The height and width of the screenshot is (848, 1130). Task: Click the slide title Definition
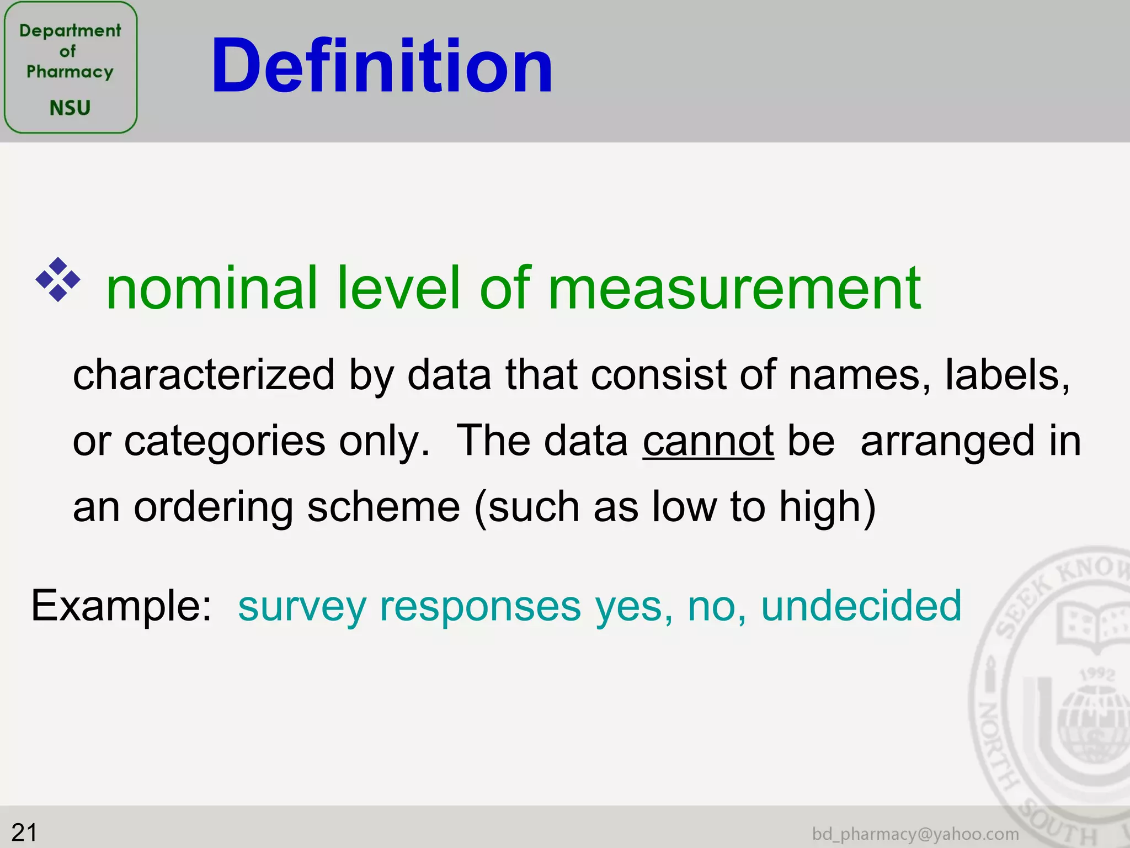(x=381, y=66)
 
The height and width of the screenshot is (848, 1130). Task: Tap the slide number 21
(x=24, y=832)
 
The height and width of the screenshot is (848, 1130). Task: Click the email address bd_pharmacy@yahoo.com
(x=915, y=834)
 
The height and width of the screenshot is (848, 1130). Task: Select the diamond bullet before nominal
(x=58, y=280)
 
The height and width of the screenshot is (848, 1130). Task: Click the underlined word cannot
(x=708, y=441)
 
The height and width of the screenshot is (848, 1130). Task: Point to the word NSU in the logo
(x=70, y=108)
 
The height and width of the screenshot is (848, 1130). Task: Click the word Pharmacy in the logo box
(x=70, y=72)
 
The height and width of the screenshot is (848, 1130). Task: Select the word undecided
(x=861, y=606)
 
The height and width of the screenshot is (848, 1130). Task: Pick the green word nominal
(x=211, y=288)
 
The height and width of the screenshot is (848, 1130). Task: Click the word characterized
(x=204, y=375)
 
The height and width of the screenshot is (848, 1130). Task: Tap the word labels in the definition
(x=1007, y=375)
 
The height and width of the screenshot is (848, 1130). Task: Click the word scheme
(x=383, y=506)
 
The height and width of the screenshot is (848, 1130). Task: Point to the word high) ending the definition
(x=827, y=506)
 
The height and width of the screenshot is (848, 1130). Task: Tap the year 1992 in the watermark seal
(x=1097, y=674)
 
